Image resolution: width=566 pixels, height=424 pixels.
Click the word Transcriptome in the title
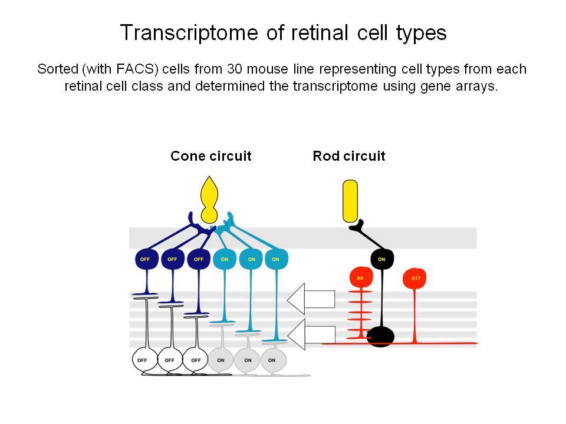pos(189,33)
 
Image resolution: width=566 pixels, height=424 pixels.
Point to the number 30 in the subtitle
pos(235,69)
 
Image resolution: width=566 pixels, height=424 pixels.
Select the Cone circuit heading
pos(211,156)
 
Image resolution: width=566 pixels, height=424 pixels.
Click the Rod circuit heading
pos(349,156)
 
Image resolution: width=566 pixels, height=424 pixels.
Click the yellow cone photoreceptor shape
pos(209,200)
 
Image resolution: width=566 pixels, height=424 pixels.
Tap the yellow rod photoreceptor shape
pos(350,201)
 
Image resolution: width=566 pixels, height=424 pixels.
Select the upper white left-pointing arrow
pos(311,299)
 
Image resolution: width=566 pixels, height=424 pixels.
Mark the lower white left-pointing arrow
pos(311,334)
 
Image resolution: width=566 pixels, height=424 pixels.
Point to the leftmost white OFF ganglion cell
pos(144,360)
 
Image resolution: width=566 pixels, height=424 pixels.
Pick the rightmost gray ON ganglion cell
pos(274,360)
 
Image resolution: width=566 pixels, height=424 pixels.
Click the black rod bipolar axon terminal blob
pos(380,337)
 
